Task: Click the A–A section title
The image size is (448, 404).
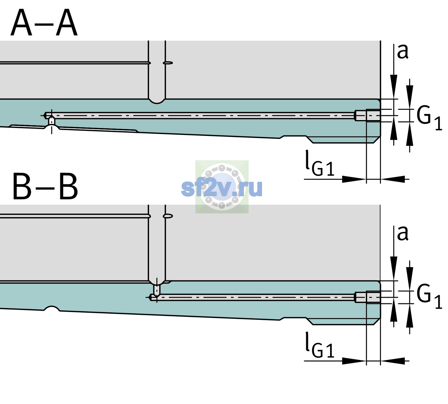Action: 44,23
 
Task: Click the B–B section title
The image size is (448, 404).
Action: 45,187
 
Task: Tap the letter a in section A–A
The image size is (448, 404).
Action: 403,52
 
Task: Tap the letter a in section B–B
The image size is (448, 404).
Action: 403,234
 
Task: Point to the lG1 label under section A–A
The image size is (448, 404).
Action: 320,163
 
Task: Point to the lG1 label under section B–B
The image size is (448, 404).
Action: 320,345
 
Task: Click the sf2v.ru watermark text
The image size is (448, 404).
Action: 222,188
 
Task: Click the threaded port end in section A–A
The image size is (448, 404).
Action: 368,115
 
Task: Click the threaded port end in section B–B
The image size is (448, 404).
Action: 368,298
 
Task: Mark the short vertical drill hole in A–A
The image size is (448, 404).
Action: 52,121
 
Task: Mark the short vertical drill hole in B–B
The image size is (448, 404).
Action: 157,290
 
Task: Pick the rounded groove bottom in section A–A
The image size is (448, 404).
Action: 157,102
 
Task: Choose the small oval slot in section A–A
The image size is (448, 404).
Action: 168,63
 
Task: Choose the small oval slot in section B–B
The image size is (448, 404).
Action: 168,216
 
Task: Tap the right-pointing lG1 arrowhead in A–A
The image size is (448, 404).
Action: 354,179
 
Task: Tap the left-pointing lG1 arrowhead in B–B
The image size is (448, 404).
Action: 393,361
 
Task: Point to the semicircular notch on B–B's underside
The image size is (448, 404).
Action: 52,308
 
